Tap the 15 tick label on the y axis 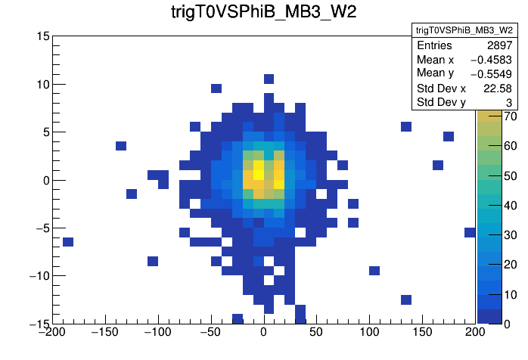pos(42,36)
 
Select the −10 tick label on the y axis pos(37,276)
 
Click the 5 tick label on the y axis pos(46,132)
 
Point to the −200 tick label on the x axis pos(52,333)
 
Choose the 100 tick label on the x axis pos(370,333)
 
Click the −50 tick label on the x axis pos(210,333)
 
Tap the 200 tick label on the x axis pos(476,333)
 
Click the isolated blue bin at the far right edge pos(470,232)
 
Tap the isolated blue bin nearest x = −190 pos(68,242)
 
